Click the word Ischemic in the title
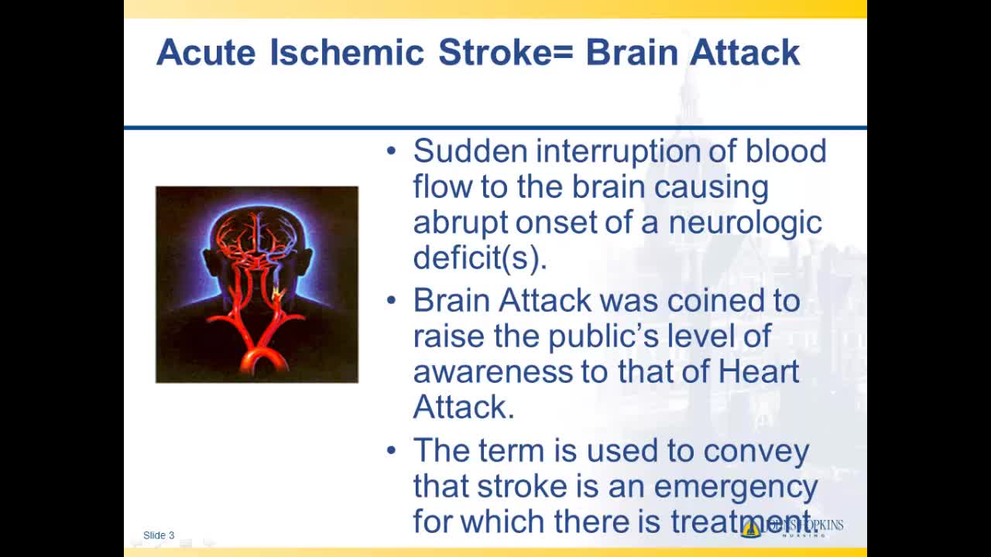pos(348,52)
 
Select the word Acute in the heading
pos(206,52)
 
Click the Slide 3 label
pos(159,535)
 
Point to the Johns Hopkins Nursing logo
pos(792,528)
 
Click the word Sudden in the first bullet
pos(470,151)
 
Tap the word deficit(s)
pos(480,258)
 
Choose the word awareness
pos(493,372)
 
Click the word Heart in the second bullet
pos(758,371)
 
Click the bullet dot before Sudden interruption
pos(391,151)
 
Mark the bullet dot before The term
pos(391,451)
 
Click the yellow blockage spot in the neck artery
pos(277,292)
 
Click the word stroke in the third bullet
pos(522,487)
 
